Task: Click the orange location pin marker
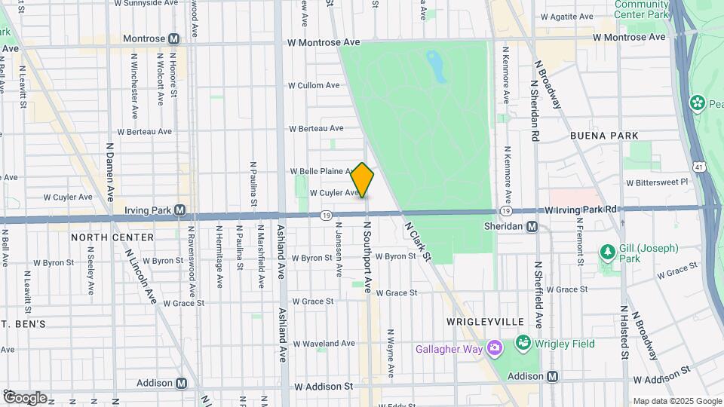[x=362, y=181]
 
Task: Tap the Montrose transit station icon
[x=174, y=39]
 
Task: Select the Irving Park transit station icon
[x=180, y=210]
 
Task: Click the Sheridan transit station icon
[x=532, y=227]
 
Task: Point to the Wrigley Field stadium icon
[x=523, y=344]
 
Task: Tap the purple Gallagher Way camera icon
[x=494, y=347]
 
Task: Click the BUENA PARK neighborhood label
[x=604, y=136]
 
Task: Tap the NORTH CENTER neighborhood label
[x=112, y=237]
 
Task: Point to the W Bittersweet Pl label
[x=657, y=182]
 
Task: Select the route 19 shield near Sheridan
[x=501, y=213]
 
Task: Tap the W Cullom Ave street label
[x=316, y=85]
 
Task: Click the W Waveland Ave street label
[x=324, y=343]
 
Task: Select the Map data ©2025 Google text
[x=676, y=401]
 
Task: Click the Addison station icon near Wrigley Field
[x=553, y=376]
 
